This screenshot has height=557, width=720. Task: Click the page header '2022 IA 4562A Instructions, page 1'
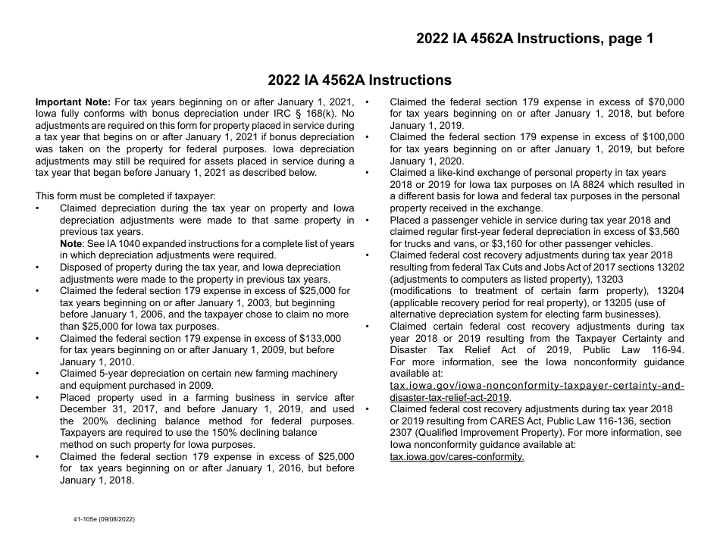coord(534,39)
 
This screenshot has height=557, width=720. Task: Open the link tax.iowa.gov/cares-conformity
coord(456,456)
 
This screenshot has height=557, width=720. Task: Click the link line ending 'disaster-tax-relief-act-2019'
coord(449,397)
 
